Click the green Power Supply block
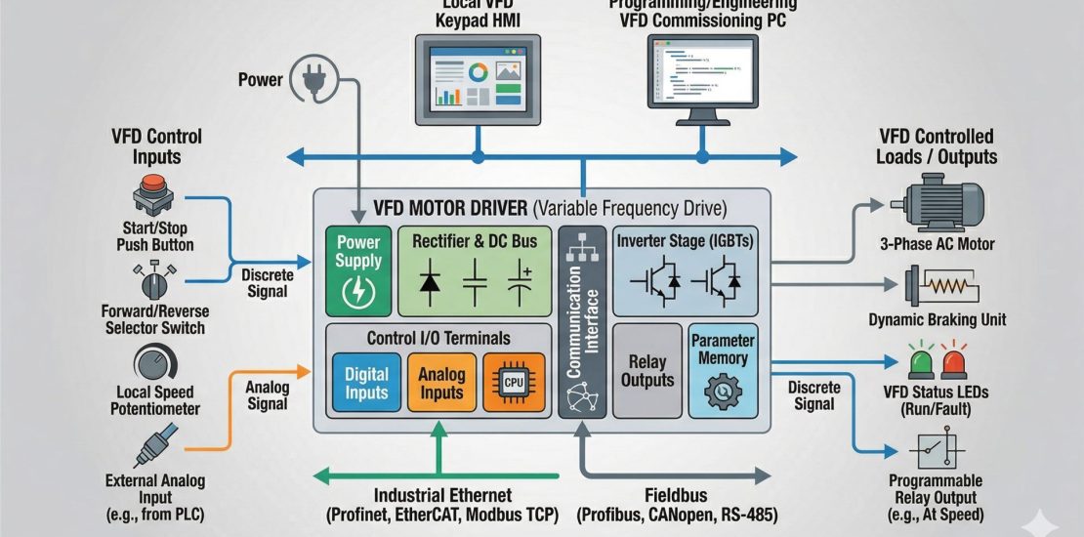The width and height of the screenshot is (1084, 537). coord(357,270)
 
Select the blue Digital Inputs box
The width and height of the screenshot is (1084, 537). coord(366,382)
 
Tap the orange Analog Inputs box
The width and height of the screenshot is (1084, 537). coord(440,382)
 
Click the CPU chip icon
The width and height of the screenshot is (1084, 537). coord(513,382)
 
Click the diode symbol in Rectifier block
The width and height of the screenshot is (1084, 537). coord(431,282)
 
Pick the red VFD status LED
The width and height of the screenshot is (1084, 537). coord(954,360)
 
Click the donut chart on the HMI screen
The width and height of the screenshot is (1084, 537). coord(478,72)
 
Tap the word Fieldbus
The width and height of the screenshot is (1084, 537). coord(674,496)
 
